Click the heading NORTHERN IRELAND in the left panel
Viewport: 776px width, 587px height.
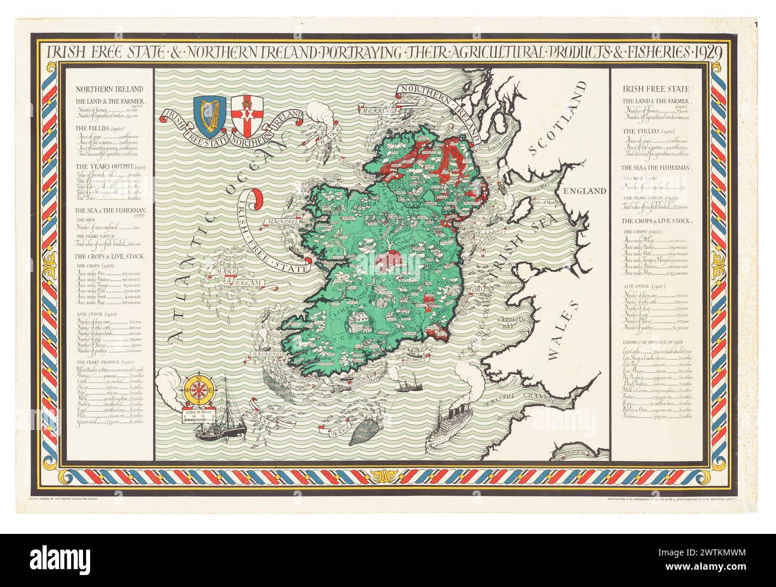[100, 89]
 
